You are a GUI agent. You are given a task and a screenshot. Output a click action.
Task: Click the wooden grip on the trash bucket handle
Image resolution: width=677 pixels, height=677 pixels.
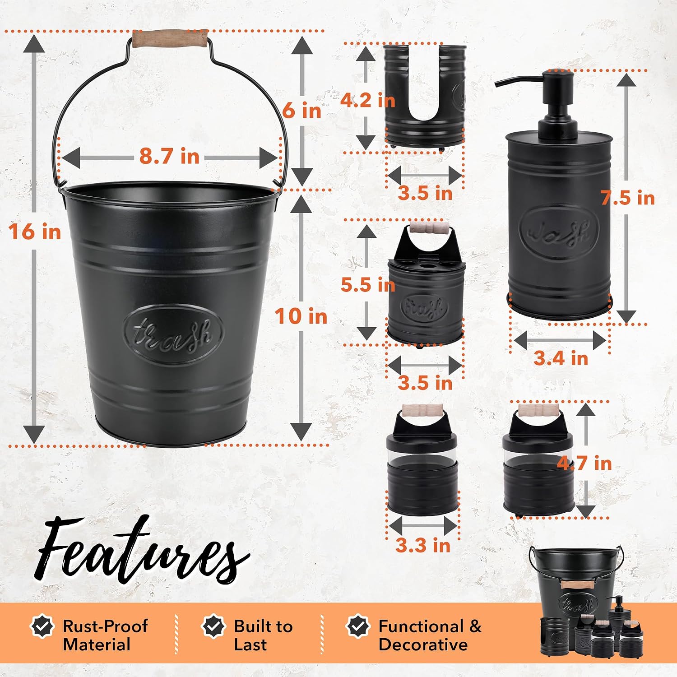coord(170,39)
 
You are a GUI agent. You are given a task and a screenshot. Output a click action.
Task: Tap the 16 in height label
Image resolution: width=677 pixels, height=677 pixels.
coord(35,232)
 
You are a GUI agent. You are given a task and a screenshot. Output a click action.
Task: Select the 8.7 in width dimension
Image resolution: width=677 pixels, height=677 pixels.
coord(169,157)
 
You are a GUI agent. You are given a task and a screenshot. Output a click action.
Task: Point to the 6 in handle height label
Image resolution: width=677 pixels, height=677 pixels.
coord(302,110)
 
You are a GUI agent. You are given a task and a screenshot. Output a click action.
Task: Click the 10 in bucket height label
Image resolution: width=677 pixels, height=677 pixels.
coord(301,316)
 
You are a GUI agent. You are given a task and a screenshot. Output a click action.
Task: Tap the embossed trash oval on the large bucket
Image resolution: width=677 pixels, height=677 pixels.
coord(173,334)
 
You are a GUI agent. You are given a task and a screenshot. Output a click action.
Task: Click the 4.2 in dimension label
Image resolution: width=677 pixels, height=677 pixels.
coord(367,100)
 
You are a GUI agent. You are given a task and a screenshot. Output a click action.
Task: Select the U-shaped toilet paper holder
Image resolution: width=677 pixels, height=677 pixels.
coord(424,96)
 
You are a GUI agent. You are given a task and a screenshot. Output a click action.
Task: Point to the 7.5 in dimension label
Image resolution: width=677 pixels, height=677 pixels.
coord(627,198)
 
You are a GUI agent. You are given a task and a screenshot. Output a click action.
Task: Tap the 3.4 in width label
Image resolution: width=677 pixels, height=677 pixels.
coord(561,358)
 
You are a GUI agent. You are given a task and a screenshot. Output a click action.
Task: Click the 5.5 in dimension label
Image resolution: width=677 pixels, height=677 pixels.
coord(368,285)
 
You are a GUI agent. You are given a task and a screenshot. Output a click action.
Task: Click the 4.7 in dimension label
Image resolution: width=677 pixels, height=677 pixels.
coord(584,463)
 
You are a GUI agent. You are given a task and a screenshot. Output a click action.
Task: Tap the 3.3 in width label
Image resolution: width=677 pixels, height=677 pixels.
coord(423,545)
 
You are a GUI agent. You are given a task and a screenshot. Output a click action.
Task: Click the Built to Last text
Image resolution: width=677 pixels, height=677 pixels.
coord(264,635)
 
